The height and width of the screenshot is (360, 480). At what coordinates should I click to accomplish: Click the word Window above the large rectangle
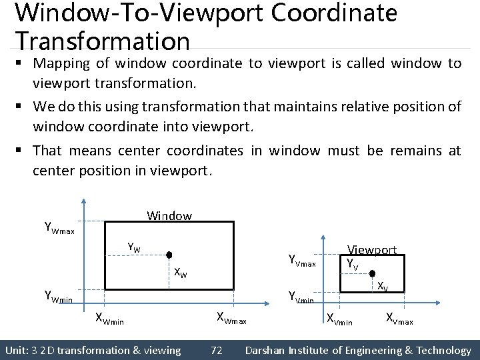[169, 215]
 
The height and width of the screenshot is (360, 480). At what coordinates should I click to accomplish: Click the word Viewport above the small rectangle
[371, 250]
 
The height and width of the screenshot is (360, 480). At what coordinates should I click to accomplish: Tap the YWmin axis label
[58, 296]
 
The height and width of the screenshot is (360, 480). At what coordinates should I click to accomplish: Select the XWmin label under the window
[111, 319]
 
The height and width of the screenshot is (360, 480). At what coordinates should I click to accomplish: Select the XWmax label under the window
[231, 319]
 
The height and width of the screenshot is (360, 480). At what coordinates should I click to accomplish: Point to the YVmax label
[301, 261]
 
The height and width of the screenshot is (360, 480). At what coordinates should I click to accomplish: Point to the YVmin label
[301, 297]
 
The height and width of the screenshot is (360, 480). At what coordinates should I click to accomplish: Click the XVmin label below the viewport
[339, 319]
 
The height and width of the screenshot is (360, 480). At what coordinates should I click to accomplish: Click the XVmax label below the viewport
[399, 319]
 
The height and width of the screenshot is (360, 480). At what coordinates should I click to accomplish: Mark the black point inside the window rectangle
[169, 255]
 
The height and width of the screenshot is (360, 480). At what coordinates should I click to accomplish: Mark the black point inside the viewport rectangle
[373, 273]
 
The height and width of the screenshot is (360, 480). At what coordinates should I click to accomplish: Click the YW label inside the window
[134, 249]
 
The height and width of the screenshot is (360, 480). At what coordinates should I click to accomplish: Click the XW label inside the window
[180, 272]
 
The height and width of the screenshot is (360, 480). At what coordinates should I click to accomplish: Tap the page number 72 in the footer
[217, 350]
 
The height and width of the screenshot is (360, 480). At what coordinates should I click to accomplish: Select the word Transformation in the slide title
[103, 40]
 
